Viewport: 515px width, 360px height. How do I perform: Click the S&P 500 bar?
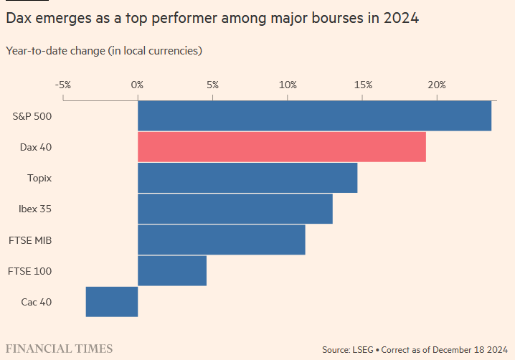(x=314, y=116)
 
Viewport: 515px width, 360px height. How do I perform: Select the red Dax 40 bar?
(x=281, y=147)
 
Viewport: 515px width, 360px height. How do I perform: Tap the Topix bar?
(x=247, y=178)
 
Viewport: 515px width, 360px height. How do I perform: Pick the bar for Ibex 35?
(x=235, y=209)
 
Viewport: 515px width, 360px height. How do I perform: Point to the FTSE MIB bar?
(x=221, y=240)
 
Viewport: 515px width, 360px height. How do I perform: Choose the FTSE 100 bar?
(x=172, y=270)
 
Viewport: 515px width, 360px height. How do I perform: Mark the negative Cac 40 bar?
(x=112, y=301)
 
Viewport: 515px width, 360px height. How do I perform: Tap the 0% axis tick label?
(x=138, y=85)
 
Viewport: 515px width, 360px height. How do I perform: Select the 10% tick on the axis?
(x=288, y=85)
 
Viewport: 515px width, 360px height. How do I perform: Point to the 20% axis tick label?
(x=437, y=85)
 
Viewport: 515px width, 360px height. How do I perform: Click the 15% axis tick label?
(x=363, y=85)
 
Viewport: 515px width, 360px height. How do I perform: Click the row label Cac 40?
(x=36, y=302)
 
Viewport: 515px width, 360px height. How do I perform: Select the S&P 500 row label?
(x=32, y=116)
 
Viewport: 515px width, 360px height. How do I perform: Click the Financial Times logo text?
(x=60, y=349)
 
